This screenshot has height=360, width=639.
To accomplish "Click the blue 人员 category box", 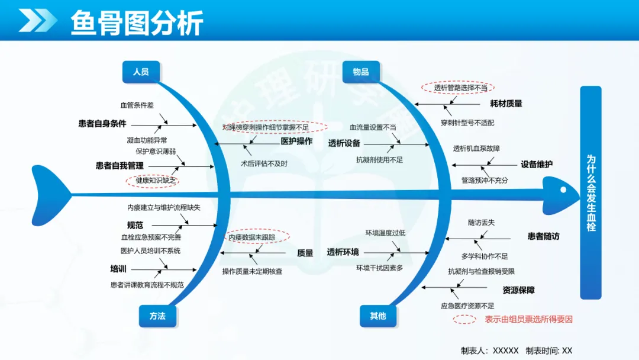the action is (141, 72).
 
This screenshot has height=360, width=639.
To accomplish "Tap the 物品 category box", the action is (361, 72).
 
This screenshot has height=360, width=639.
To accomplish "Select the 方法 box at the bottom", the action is (158, 316).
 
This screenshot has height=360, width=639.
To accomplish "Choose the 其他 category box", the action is (378, 316).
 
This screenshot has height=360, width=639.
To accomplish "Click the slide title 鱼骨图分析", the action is (137, 23).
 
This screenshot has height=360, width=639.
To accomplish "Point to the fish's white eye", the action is (563, 189).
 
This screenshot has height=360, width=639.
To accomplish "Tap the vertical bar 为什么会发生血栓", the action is (590, 192).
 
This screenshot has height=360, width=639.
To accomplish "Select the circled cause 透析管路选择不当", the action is (457, 87).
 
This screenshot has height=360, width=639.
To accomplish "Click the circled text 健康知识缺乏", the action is (153, 180).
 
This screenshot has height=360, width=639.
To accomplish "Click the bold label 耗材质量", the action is (506, 104).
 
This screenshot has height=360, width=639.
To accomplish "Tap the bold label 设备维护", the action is (537, 164).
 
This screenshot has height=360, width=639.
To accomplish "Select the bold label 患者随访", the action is (544, 236).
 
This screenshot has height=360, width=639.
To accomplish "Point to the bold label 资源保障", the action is (518, 290).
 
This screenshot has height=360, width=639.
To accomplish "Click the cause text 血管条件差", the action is (137, 105).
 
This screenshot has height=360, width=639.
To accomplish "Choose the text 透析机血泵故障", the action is (476, 149).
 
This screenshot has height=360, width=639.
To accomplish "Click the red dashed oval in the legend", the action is (464, 320).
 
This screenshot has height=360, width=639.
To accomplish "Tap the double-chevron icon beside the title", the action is (37, 20).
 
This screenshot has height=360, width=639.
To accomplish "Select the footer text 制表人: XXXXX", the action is (490, 351).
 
